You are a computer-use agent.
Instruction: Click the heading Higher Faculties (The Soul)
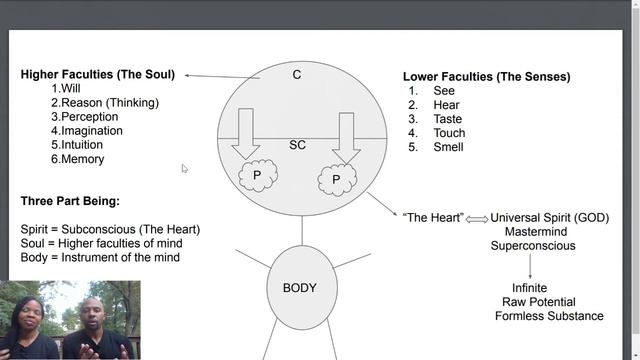pyautogui.click(x=97, y=75)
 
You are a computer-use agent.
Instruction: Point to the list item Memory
pyautogui.click(x=80, y=159)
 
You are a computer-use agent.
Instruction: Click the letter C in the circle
pyautogui.click(x=297, y=76)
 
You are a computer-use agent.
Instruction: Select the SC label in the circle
pyautogui.click(x=297, y=145)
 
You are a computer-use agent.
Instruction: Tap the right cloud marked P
pyautogui.click(x=337, y=180)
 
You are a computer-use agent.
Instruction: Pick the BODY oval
pyautogui.click(x=300, y=288)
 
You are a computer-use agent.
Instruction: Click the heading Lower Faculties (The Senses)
pyautogui.click(x=486, y=77)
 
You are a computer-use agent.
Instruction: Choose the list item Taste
pyautogui.click(x=447, y=119)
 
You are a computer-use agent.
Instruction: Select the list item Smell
pyautogui.click(x=448, y=147)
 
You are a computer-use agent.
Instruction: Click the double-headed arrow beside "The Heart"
pyautogui.click(x=477, y=218)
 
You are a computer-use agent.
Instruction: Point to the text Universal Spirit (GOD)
pyautogui.click(x=549, y=218)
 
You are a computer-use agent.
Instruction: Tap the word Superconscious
pyautogui.click(x=532, y=246)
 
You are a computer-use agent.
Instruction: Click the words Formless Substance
pyautogui.click(x=548, y=316)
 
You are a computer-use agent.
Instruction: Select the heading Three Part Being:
pyautogui.click(x=70, y=201)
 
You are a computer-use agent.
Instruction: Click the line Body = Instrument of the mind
pyautogui.click(x=100, y=257)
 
